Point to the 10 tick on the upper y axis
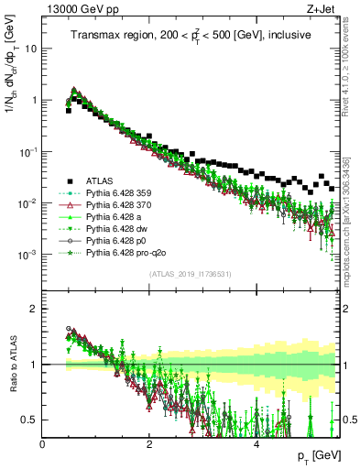pyautogui.click(x=31, y=49)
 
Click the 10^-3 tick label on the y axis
pyautogui.click(x=28, y=254)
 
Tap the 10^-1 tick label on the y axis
pyautogui.click(x=28, y=151)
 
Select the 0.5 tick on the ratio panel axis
pyautogui.click(x=32, y=420)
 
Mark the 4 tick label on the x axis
pyautogui.click(x=256, y=443)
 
